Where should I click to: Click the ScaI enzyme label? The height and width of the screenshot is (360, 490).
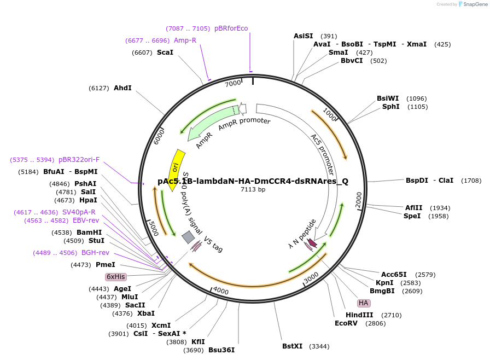pos(165,53)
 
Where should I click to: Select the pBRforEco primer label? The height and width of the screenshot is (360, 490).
pos(231,28)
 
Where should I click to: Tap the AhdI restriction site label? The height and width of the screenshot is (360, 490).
pos(122,88)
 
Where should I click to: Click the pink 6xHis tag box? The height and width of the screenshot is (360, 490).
pos(115,277)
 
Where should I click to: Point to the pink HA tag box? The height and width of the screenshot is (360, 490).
pos(364,303)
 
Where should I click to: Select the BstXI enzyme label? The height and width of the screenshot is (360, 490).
pos(293,346)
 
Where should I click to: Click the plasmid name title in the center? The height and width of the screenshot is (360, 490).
pos(253,181)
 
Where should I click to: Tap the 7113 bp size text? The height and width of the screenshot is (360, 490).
pos(253,190)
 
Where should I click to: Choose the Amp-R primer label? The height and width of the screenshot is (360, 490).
pos(185,40)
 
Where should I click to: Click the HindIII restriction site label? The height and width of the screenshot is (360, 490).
pos(359,315)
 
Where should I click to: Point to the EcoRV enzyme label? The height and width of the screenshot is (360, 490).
pos(346,323)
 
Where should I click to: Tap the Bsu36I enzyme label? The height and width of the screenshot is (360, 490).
pos(221,350)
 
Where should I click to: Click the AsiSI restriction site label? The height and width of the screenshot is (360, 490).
pos(304,36)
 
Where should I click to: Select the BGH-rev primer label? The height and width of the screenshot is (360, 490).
pos(95,253)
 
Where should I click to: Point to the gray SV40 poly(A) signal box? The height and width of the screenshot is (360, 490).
pos(188,237)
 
